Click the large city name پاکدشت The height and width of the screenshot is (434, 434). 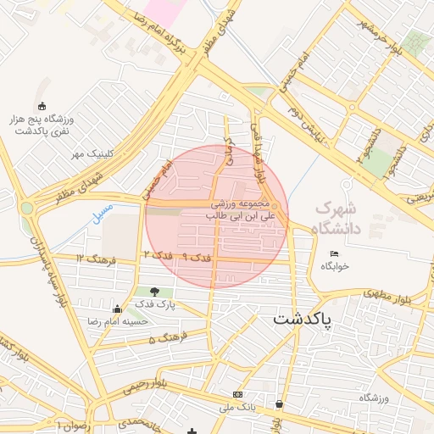303,320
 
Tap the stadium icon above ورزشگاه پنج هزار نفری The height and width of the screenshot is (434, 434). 43,106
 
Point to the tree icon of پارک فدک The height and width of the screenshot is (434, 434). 153,292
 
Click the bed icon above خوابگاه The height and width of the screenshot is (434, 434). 334,253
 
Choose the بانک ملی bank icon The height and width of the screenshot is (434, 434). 237,395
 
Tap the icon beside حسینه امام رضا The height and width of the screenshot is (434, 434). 116,309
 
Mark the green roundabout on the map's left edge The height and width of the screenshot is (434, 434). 27,207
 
